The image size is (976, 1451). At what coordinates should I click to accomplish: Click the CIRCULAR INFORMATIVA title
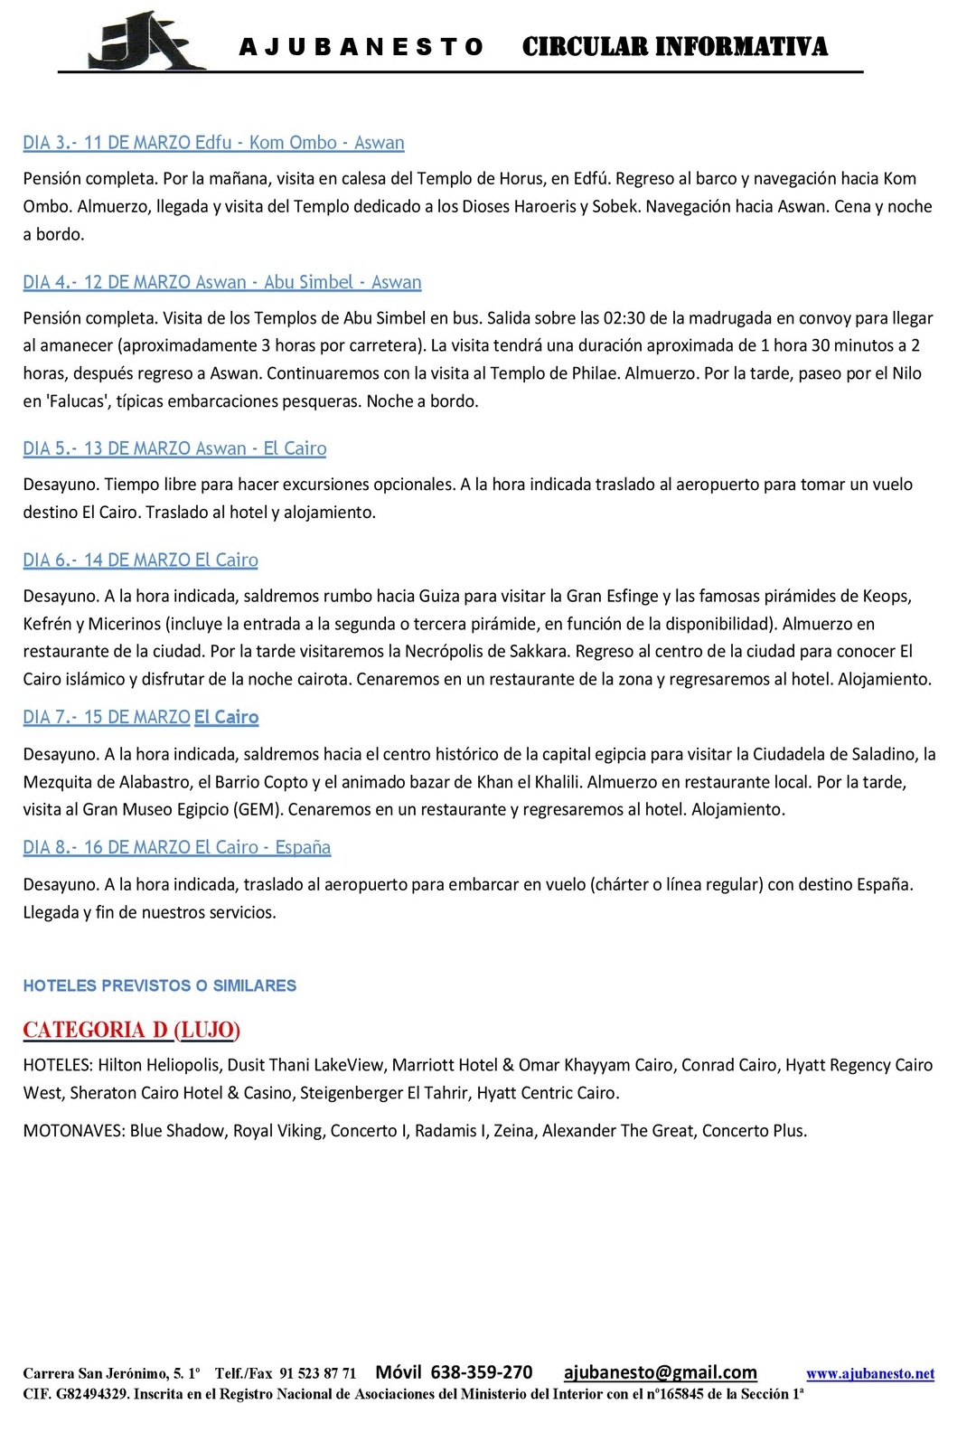click(x=674, y=47)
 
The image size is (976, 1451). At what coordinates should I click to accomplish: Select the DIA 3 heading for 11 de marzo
click(x=213, y=143)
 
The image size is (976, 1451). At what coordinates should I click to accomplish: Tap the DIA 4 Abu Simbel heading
click(x=222, y=282)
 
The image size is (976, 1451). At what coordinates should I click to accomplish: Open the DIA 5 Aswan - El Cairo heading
click(x=174, y=448)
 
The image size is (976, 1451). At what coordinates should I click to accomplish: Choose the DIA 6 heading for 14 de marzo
click(x=140, y=561)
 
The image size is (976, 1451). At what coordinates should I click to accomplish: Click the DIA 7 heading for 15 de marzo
click(x=141, y=718)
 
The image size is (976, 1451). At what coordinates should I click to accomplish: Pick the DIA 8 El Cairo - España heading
click(x=176, y=848)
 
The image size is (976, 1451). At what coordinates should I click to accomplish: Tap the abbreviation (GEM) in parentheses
click(x=255, y=810)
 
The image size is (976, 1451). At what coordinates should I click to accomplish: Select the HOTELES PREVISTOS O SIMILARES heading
click(x=160, y=986)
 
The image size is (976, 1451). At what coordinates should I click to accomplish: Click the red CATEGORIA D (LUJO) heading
click(x=131, y=1031)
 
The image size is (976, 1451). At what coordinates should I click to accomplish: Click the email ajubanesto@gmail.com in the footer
click(x=660, y=1373)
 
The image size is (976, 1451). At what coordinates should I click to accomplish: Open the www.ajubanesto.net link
click(x=869, y=1374)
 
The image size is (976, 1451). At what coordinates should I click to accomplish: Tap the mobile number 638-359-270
click(x=481, y=1373)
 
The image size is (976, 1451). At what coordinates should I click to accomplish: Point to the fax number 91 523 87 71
click(x=318, y=1374)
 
